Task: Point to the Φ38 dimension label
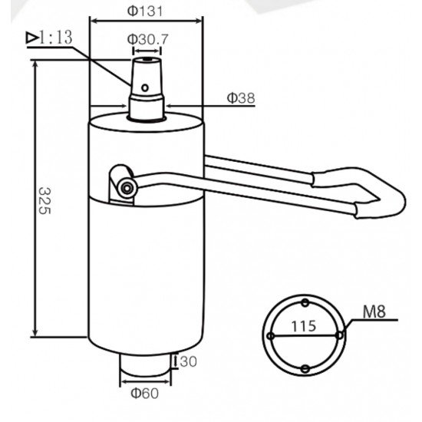(241, 97)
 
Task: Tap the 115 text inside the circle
(305, 325)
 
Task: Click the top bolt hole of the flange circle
(305, 301)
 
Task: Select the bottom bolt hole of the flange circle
(305, 369)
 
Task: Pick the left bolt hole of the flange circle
(271, 335)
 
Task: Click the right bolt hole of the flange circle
(339, 335)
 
